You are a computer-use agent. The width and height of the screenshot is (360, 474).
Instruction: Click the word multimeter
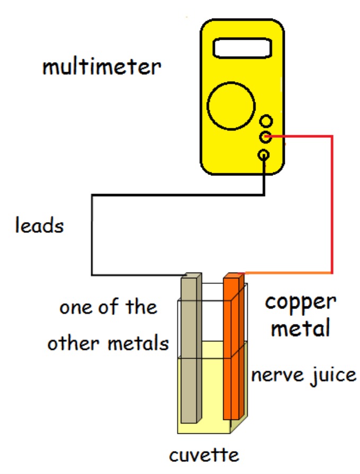[x=101, y=67]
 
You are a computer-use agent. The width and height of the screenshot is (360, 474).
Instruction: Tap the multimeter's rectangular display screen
[x=242, y=48]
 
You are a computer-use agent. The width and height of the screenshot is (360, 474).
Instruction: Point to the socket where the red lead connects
[x=266, y=138]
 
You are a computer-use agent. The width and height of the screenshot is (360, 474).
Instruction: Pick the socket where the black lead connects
[x=264, y=155]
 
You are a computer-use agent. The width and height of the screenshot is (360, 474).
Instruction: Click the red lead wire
[x=332, y=201]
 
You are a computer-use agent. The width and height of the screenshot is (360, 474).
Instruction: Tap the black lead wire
[x=93, y=233]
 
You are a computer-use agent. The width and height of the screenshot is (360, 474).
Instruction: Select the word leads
[x=39, y=226]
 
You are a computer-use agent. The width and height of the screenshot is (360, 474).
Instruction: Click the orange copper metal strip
[x=232, y=350]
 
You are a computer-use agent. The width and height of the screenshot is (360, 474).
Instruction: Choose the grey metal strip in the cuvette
[x=189, y=350]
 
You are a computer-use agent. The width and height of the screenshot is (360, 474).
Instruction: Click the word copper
[x=300, y=303]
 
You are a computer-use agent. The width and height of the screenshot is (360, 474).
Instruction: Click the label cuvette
[x=204, y=454]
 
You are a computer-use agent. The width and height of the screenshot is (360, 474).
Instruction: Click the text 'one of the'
[x=108, y=307]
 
